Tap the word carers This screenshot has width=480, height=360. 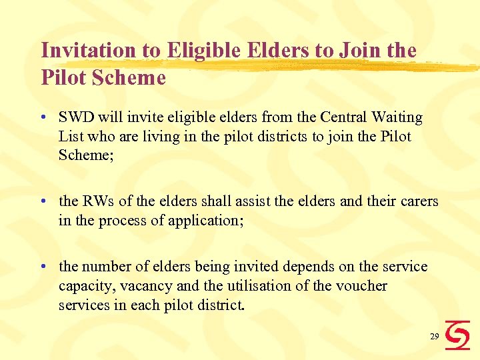416,201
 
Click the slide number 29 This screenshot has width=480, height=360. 434,337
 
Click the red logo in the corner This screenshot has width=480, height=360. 457,335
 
